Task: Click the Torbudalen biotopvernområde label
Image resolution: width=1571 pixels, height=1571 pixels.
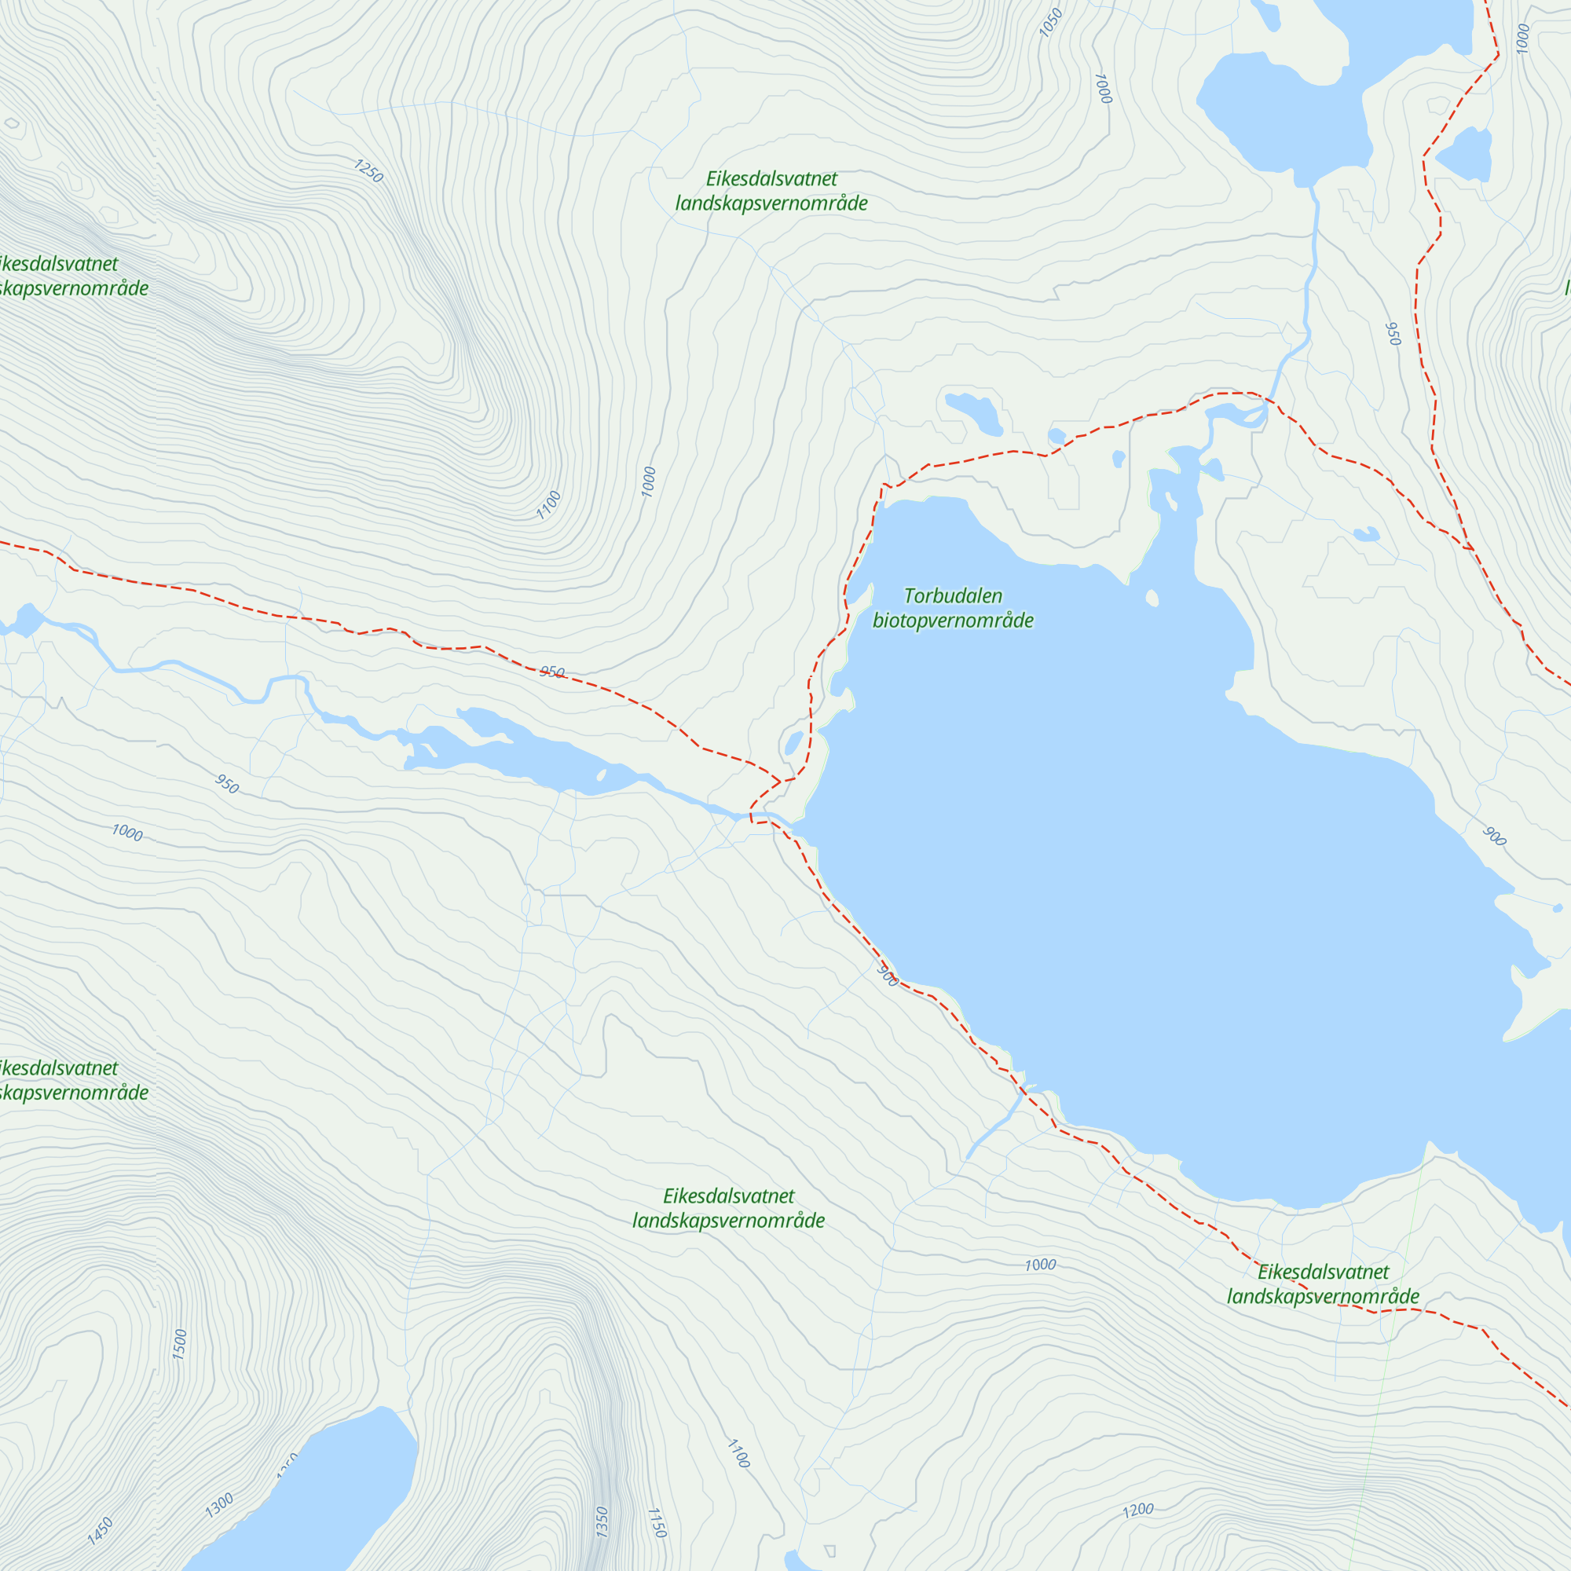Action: [953, 608]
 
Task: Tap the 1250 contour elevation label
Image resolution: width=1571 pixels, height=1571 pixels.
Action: [368, 170]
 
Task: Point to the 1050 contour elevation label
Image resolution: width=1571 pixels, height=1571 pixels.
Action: [1050, 23]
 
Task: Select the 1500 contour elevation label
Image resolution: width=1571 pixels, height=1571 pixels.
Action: [181, 1344]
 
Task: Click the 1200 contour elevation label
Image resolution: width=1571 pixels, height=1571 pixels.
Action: [1137, 1510]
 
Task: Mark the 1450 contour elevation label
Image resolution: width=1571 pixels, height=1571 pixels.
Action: [100, 1530]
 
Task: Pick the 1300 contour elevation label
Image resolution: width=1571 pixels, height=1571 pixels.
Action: [220, 1505]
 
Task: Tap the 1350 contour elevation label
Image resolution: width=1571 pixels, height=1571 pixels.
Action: [602, 1522]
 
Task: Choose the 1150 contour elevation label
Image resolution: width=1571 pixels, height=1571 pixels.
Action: [656, 1522]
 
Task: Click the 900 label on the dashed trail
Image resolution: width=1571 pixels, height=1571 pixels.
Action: [888, 976]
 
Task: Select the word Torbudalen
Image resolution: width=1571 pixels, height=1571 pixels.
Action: [953, 596]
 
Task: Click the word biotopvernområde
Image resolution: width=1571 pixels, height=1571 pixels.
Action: [953, 621]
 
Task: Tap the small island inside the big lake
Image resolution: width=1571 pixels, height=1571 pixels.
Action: [1152, 599]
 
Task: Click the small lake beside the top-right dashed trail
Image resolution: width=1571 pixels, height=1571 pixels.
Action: [1466, 155]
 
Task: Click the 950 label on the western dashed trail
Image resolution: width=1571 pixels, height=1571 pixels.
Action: [552, 672]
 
